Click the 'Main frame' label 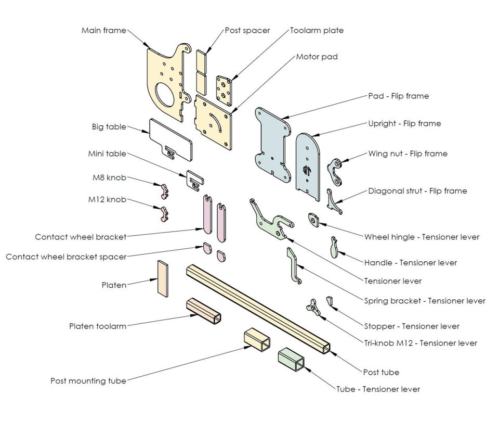pos(103,30)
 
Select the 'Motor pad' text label pos(317,56)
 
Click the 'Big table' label pos(109,126)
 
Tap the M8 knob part pos(163,191)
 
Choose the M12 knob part pos(163,213)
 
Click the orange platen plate pos(163,278)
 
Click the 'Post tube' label pos(381,372)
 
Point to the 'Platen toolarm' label pos(97,326)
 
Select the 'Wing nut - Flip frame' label pos(408,154)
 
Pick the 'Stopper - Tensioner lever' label pos(412,326)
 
